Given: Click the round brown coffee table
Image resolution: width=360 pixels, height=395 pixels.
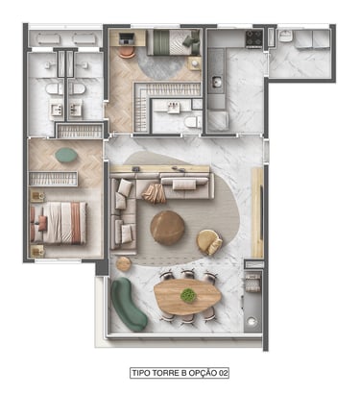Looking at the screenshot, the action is [x=167, y=228].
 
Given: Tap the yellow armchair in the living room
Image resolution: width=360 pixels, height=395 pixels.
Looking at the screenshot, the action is [x=209, y=242].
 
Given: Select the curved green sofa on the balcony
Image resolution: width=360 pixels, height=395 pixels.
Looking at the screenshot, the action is [x=128, y=304].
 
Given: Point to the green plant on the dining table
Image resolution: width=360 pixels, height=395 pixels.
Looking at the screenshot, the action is [x=188, y=295].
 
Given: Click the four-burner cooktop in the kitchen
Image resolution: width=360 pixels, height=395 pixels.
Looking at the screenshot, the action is [x=254, y=37].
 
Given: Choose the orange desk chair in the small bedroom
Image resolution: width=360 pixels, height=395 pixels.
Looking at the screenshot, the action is [x=128, y=52].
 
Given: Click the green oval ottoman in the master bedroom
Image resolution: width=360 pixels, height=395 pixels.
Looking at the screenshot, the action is [x=66, y=155].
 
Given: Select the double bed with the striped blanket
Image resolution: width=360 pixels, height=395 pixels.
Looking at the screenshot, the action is [x=59, y=223].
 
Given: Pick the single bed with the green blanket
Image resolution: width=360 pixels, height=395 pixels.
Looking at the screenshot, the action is [x=173, y=42].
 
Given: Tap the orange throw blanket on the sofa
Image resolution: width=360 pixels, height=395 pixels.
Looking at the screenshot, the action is [x=154, y=193].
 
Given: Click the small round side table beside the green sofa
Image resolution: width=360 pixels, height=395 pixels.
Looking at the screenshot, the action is [x=124, y=263].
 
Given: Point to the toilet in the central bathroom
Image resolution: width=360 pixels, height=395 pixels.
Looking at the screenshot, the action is [x=193, y=122].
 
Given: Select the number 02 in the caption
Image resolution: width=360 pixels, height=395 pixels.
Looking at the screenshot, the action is [x=223, y=373].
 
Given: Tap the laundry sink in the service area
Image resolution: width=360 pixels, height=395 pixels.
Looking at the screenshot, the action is [x=284, y=37].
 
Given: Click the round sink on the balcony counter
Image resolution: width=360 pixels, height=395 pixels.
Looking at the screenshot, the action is [x=252, y=321].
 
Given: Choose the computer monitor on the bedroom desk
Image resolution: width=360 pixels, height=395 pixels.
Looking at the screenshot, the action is [x=126, y=38].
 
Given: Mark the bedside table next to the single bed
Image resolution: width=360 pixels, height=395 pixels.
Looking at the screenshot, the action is [x=195, y=63].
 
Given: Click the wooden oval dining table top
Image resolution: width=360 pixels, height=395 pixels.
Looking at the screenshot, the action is [x=187, y=297].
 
